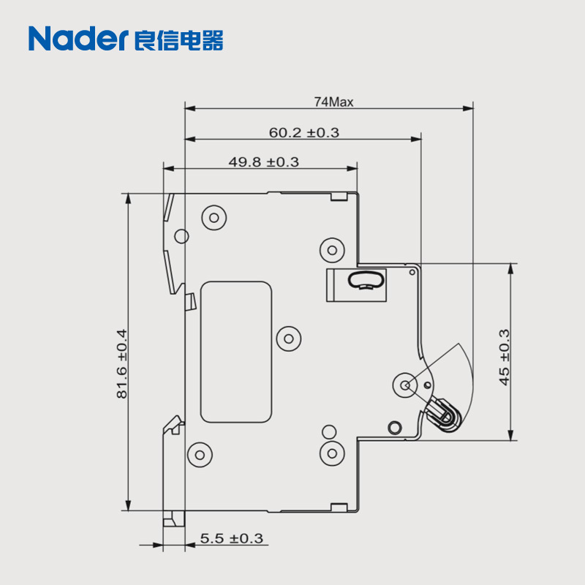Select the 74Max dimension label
(333, 102)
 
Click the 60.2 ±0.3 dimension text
(303, 132)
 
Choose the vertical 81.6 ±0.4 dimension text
(121, 364)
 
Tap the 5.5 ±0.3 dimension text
(231, 539)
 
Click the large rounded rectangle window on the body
(236, 352)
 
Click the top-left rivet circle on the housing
(214, 216)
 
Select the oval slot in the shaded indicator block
(367, 279)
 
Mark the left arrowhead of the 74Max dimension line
(189, 109)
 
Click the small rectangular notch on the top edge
(339, 195)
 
